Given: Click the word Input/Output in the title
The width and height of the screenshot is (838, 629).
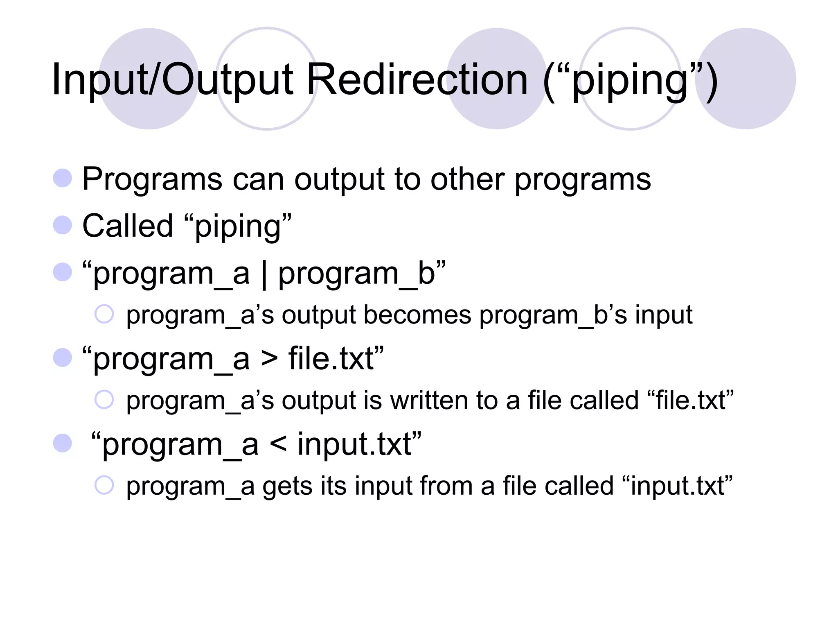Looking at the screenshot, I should (x=172, y=80).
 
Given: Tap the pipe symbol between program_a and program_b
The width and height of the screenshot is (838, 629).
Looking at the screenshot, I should (x=264, y=274).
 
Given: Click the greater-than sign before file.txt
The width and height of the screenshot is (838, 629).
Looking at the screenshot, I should (x=269, y=359).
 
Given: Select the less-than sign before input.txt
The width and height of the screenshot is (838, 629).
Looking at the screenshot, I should (x=278, y=444).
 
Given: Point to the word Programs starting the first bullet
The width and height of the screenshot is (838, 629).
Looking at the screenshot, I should (x=152, y=179).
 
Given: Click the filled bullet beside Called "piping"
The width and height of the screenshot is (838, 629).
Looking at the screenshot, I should (x=63, y=225).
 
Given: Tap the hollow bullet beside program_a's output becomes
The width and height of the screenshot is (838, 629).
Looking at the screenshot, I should (x=104, y=314).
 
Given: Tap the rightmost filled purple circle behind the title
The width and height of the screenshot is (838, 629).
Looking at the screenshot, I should (x=746, y=79).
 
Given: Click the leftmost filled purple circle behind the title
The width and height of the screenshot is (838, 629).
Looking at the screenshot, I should (x=149, y=79).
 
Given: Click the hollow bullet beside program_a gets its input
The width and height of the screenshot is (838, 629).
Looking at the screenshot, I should (x=104, y=485).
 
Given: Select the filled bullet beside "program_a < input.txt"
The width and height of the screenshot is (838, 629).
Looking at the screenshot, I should (x=63, y=443).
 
